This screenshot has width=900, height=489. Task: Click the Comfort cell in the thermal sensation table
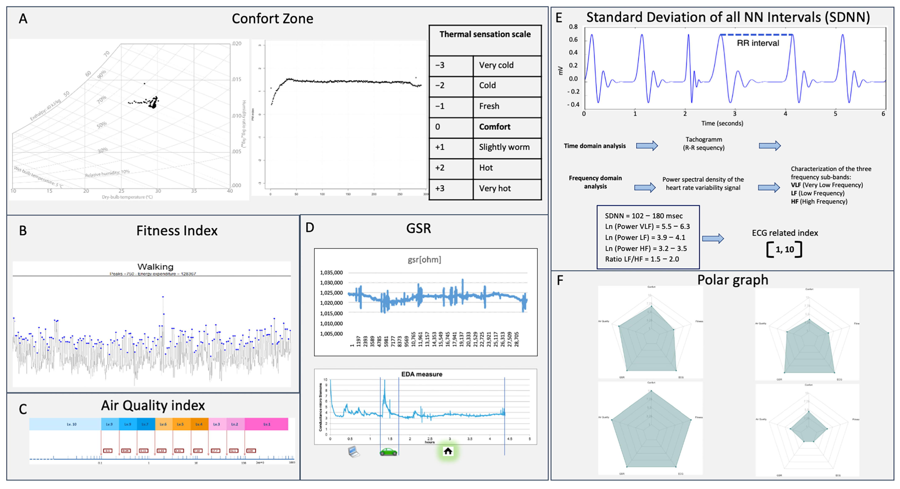494,127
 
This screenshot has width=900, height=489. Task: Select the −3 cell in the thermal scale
440,65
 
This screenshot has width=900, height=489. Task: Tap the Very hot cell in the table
495,189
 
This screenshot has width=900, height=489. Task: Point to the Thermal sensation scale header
485,34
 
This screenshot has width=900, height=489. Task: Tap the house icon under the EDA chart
448,451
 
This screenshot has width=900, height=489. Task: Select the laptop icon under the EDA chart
354,452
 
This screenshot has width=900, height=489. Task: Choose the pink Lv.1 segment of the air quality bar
267,424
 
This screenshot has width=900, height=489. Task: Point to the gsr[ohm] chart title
424,259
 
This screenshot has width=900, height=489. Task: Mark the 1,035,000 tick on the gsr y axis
331,272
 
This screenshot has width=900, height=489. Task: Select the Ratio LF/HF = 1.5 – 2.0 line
642,259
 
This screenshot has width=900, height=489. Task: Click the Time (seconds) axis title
722,123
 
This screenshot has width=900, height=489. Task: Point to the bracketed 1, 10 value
784,249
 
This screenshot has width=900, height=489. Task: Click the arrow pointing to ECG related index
713,239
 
